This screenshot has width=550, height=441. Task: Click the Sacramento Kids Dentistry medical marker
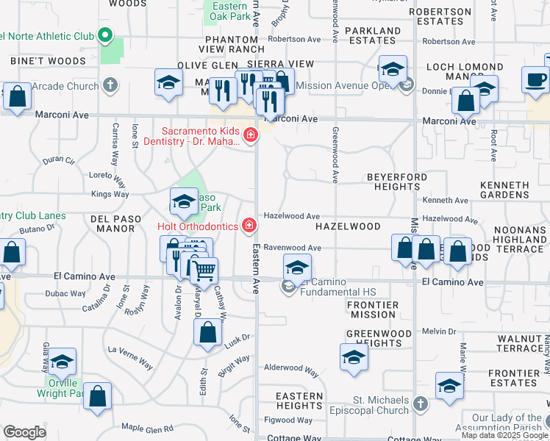click(251, 135)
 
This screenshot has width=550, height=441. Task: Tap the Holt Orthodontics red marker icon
click(250, 224)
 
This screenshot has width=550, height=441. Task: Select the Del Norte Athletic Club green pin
click(105, 35)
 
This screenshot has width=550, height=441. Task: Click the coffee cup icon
click(535, 79)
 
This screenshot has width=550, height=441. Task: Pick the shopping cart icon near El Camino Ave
click(204, 270)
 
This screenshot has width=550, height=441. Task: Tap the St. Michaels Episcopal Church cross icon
click(420, 404)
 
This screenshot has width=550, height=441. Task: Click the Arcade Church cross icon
click(110, 86)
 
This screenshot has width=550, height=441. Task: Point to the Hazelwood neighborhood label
click(348, 228)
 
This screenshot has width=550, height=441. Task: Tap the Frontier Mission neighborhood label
click(372, 309)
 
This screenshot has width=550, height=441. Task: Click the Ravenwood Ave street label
click(293, 248)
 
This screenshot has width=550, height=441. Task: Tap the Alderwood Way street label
click(291, 370)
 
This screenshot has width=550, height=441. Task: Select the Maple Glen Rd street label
click(147, 428)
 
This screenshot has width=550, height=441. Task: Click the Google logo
click(24, 432)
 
